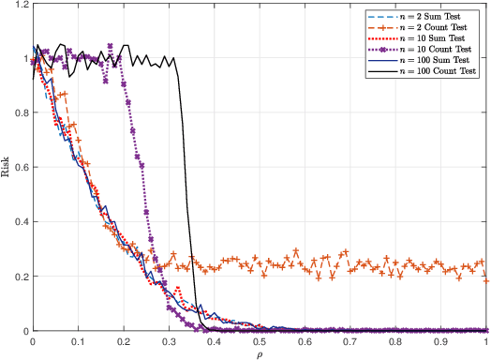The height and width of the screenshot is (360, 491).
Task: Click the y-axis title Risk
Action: click(7, 168)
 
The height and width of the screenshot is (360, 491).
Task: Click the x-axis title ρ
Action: click(260, 354)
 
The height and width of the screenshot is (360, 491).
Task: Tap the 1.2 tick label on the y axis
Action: click(20, 6)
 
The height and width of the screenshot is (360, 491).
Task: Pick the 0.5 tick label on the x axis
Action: click(260, 341)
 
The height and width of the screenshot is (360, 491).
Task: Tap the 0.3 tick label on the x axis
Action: click(169, 341)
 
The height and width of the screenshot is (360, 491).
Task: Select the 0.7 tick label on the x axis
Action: click(350, 341)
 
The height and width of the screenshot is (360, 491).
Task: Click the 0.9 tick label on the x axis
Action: click(441, 341)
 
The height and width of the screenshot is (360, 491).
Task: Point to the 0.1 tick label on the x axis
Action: click(78, 341)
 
